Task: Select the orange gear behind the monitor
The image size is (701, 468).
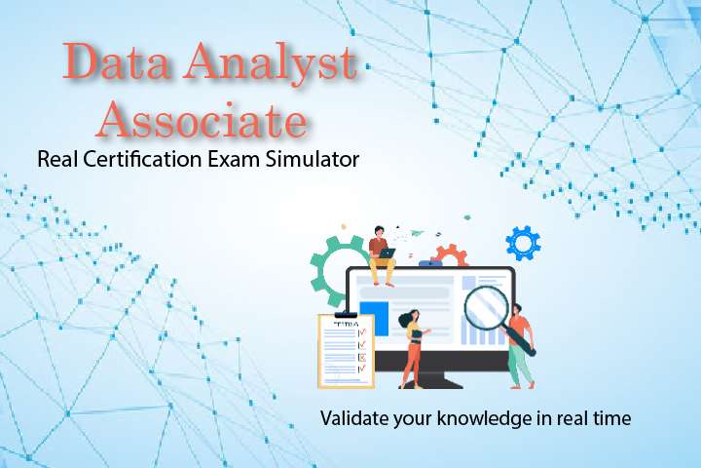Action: (450, 257)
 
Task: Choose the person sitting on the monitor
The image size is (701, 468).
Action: (380, 252)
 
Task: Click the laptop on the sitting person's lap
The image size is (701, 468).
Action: (388, 253)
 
